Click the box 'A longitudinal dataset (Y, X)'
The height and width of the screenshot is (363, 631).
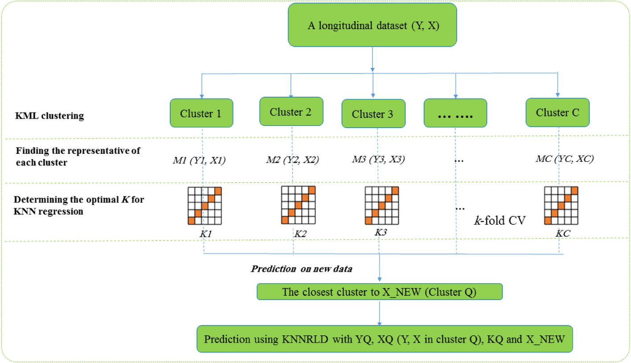click(373, 25)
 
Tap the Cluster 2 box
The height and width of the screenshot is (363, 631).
click(291, 111)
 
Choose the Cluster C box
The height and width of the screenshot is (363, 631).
click(557, 112)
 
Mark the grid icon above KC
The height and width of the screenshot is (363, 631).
click(561, 205)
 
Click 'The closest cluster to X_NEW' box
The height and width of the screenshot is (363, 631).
click(380, 292)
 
